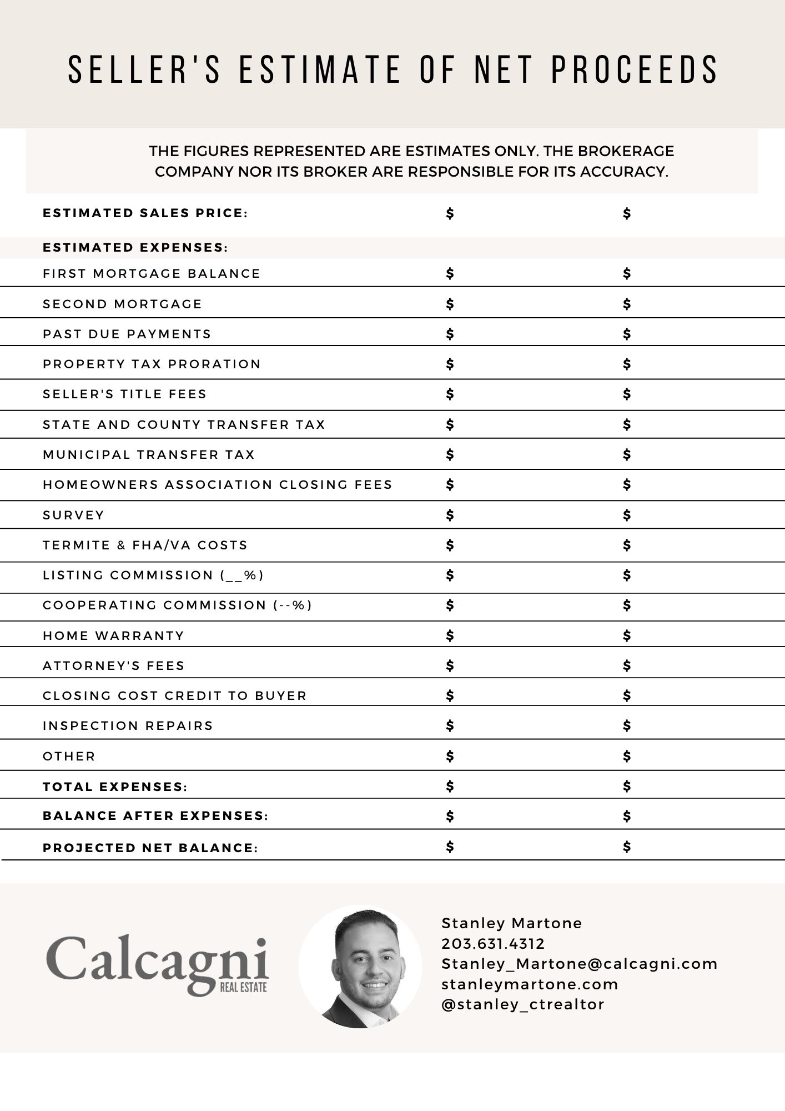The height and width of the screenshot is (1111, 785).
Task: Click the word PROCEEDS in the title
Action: pos(634,70)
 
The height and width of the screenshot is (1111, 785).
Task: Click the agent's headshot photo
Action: pos(360,967)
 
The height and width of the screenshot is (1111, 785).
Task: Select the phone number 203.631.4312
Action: pos(493,944)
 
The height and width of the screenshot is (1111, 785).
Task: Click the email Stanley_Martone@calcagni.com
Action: pos(579,964)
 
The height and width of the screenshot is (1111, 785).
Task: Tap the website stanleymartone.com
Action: pos(530,984)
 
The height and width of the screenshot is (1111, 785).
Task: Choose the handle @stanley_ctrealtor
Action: pos(522,1004)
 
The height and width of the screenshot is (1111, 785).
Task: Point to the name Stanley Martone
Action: pos(511,923)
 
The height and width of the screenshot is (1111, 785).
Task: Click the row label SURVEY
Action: pos(73,516)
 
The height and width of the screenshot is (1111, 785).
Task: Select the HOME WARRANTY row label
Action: pos(113,636)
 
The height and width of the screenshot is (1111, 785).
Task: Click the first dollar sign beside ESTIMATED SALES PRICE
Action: pos(450,213)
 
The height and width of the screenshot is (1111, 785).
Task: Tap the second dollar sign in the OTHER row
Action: pos(627,756)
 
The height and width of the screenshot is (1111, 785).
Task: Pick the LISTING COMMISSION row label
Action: pos(153,575)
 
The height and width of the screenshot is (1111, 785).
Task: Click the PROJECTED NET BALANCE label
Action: pos(150,848)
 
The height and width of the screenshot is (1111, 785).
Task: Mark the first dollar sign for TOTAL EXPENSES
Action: pos(450,786)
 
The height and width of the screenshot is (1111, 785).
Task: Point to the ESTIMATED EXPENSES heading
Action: pos(135,248)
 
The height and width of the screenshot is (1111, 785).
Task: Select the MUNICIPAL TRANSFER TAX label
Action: pos(148,455)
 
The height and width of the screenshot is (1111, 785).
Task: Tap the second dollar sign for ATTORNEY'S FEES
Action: pos(627,665)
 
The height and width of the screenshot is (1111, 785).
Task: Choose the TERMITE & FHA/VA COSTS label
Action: pos(145,546)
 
